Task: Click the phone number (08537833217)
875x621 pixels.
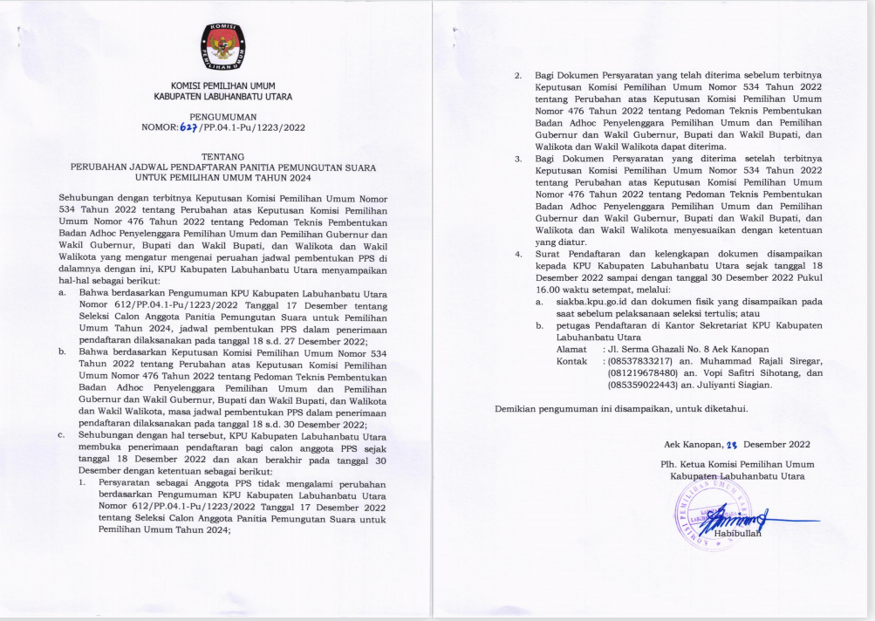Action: pos(642,360)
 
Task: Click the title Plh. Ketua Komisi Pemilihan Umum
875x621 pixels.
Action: pos(737,464)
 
